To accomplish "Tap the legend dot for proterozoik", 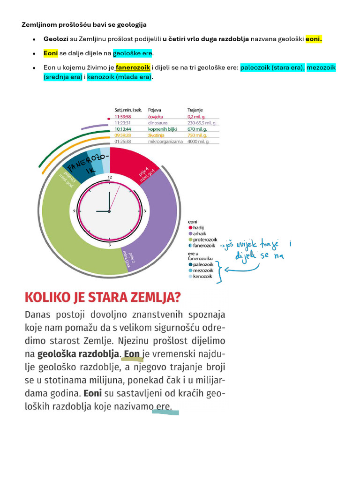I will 190,240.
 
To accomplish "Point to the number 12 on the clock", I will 109,177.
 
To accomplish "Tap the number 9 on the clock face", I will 74,211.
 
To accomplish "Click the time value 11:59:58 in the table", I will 123,116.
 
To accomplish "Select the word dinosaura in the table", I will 158,123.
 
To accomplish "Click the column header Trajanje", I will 195,110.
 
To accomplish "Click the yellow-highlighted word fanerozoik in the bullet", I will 133,68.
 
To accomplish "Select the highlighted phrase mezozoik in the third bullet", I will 321,68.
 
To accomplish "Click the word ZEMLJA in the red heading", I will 152,297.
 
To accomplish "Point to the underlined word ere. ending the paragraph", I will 164,406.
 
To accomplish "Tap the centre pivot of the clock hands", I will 109,211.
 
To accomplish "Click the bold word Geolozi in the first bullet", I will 56,39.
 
